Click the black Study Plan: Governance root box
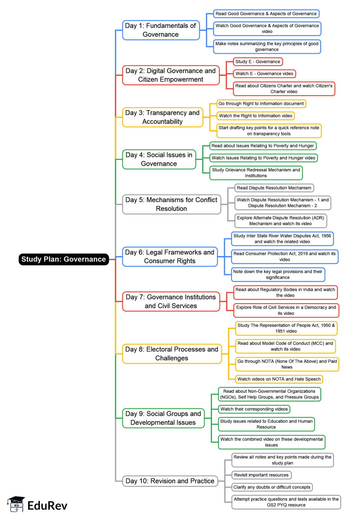(64, 259)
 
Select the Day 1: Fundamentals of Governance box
(161, 30)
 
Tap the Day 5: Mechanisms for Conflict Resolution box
(171, 204)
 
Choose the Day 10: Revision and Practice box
(170, 481)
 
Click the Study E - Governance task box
(258, 62)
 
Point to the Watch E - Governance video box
(264, 74)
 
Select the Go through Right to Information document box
(261, 103)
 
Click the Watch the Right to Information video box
(255, 116)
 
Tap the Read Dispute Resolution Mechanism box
(274, 188)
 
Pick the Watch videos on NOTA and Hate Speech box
(279, 379)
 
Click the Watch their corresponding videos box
(254, 409)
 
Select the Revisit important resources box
(261, 475)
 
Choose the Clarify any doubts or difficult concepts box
(272, 487)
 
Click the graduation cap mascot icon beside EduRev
(16, 504)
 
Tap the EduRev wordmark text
(47, 506)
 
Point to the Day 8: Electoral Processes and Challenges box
(172, 354)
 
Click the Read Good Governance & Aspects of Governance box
(266, 14)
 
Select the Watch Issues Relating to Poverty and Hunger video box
(263, 158)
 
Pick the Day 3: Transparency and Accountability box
(162, 117)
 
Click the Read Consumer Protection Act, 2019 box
(284, 257)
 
